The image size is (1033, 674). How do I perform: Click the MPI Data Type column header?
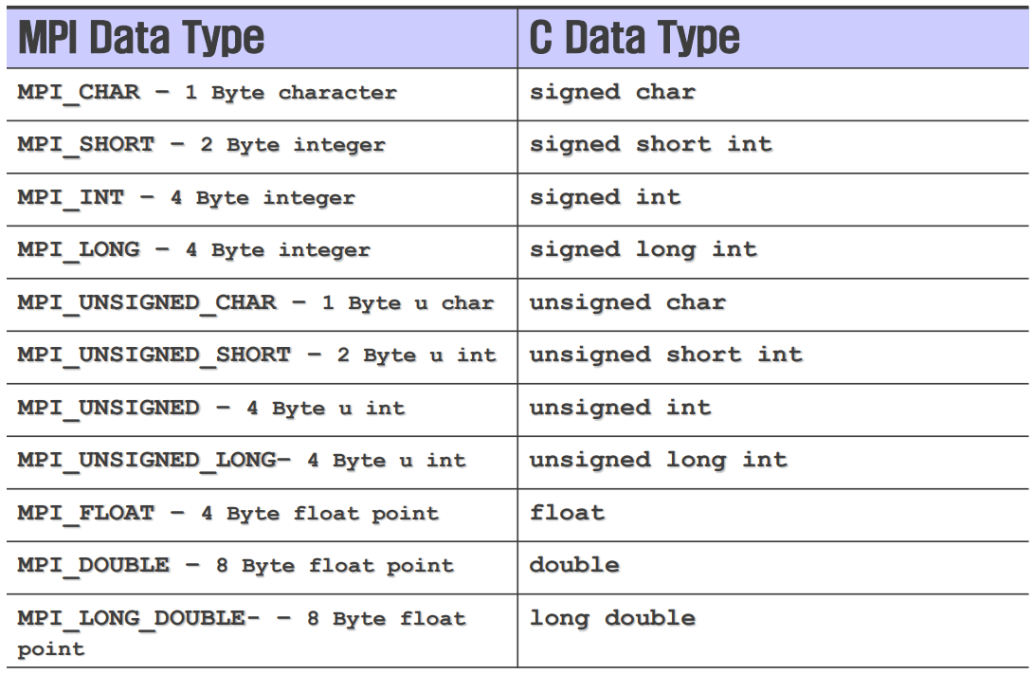(141, 39)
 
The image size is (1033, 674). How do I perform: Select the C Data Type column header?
(634, 39)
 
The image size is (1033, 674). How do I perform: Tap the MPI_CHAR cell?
(207, 93)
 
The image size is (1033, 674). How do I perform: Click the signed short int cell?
(650, 144)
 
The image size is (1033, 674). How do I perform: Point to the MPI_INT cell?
(186, 198)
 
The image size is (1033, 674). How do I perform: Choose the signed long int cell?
(643, 249)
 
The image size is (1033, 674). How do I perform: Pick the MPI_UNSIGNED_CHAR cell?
(255, 303)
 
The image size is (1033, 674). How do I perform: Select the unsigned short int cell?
(665, 355)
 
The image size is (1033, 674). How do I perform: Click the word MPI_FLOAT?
(85, 513)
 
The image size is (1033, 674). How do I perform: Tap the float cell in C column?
(567, 513)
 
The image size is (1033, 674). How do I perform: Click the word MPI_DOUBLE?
(93, 565)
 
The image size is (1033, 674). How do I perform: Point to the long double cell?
(612, 618)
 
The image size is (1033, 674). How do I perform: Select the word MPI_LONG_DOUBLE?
(131, 618)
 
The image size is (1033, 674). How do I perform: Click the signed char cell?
(612, 92)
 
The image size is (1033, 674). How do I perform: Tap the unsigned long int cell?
(658, 460)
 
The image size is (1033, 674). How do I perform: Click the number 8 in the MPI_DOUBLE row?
(222, 566)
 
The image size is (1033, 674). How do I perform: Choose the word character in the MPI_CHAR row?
(337, 93)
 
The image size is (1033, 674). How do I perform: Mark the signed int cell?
(605, 197)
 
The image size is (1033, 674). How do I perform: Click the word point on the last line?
(51, 649)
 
